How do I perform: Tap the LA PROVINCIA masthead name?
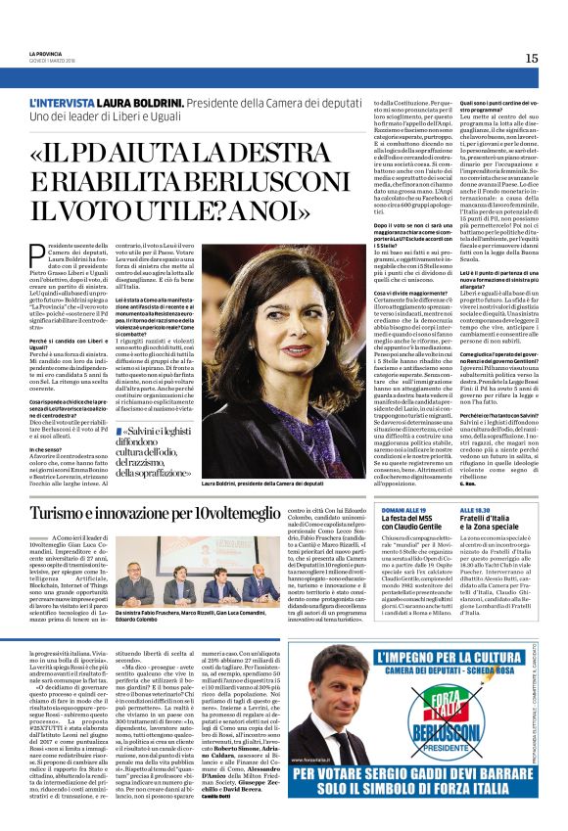(x=46, y=53)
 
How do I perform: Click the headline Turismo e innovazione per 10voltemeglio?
(x=169, y=512)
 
